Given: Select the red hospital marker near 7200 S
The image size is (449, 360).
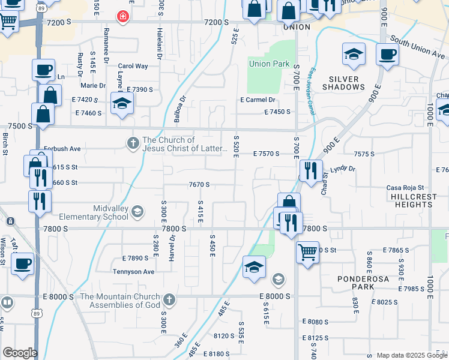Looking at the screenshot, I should coord(123,16).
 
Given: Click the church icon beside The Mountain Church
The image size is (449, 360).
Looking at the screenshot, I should coord(169,299).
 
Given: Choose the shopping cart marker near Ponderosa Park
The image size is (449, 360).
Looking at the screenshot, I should coord(308,251).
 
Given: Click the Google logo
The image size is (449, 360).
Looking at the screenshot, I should coord(20,353).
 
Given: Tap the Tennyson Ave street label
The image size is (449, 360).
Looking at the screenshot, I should coord(134,271).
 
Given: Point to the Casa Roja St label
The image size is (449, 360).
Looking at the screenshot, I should coord(405,188).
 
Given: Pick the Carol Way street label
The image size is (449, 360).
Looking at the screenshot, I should coord(133,67).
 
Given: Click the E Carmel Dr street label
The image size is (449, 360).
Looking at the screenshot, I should coord(258,100).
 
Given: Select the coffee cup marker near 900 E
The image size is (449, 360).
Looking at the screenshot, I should coord(387,55).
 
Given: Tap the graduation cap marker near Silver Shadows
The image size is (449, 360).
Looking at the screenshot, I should coord(354,55).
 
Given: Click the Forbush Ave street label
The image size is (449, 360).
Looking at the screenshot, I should coord(62,148).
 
